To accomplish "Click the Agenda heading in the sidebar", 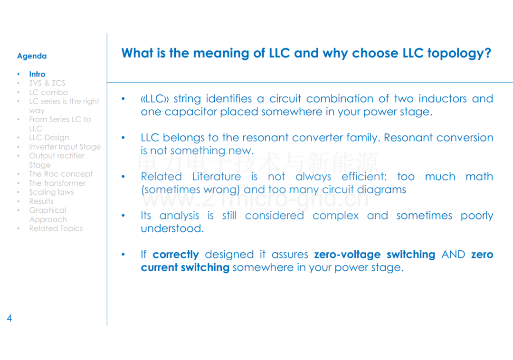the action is [32, 56].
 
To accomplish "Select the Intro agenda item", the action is [38, 74].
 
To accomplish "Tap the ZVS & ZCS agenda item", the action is [47, 83].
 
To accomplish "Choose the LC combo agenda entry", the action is [48, 92].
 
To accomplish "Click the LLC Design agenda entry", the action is [49, 138].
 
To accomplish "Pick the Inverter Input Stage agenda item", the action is [65, 147].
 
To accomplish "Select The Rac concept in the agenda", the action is [61, 174].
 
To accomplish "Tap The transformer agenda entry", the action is [57, 183].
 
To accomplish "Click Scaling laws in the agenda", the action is [51, 192].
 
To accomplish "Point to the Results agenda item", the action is [41, 201].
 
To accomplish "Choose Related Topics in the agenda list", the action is [56, 228].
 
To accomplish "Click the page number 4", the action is [9, 318].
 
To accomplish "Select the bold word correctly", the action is [176, 255].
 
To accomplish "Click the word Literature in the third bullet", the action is [217, 177].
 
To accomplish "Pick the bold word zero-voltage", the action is [347, 255].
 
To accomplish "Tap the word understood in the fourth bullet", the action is [172, 228].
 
